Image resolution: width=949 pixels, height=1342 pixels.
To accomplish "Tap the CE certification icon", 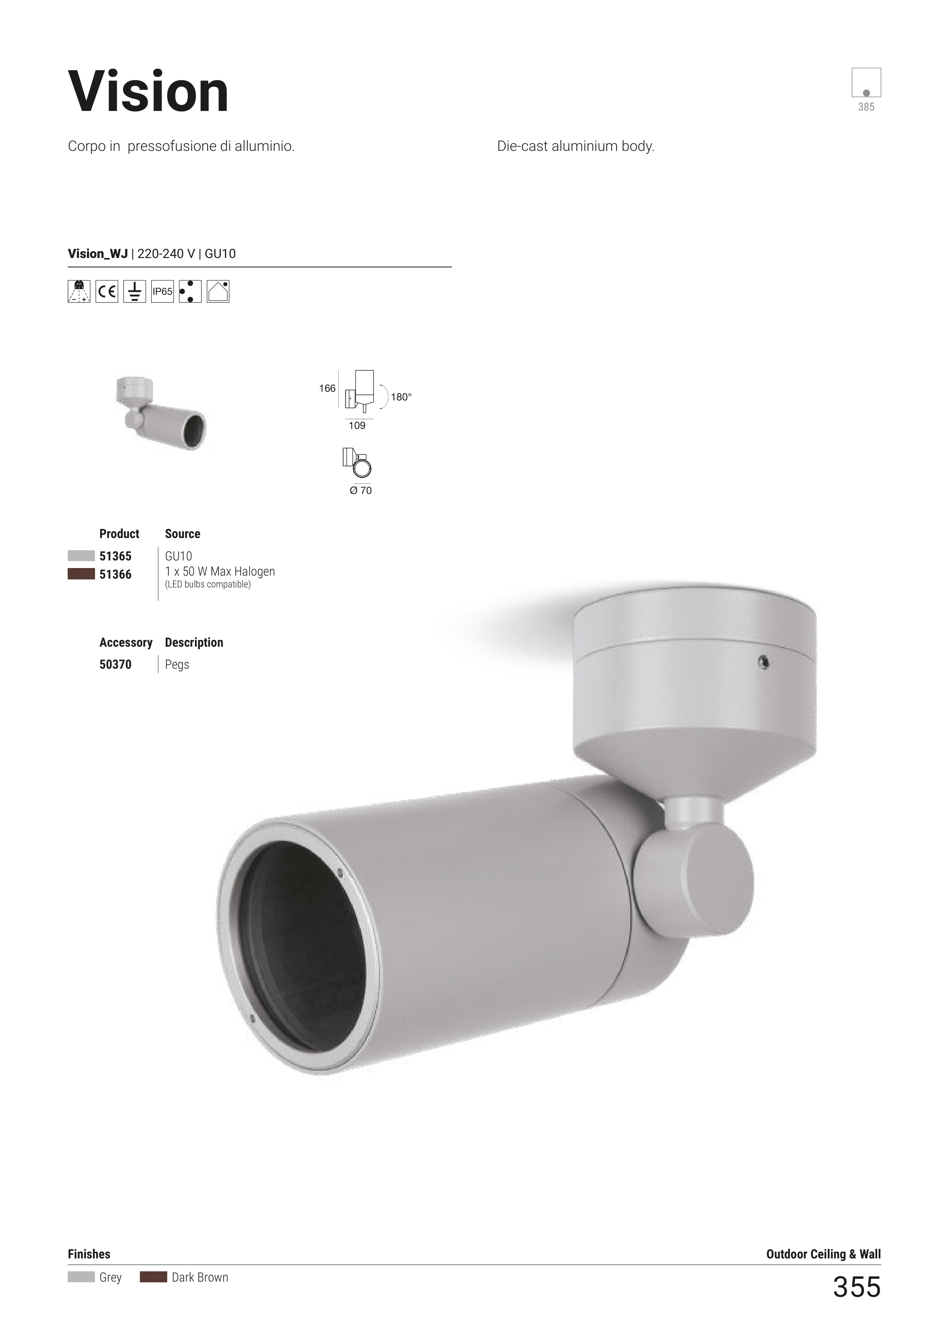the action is tap(107, 291).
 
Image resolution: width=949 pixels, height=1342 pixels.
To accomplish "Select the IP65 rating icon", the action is tap(163, 291).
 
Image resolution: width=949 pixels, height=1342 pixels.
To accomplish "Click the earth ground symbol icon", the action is tap(135, 291).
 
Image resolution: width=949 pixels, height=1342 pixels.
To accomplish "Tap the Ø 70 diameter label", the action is tap(360, 491).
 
